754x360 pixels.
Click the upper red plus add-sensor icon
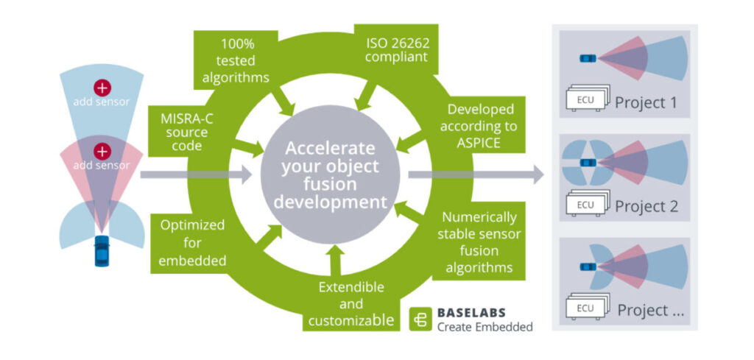click(x=102, y=88)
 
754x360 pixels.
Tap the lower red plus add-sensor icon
click(x=102, y=152)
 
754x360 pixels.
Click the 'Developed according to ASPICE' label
click(x=482, y=125)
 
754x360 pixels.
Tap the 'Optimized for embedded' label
click(x=192, y=242)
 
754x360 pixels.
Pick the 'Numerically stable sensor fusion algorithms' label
click(x=479, y=241)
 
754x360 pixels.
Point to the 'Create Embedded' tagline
click(x=484, y=327)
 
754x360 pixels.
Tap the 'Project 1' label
click(x=645, y=102)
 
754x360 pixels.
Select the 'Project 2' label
click(x=646, y=205)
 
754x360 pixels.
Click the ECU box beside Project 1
click(x=586, y=100)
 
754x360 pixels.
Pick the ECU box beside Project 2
click(x=586, y=204)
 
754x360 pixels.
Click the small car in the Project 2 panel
click(x=587, y=162)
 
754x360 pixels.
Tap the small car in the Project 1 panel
click(x=586, y=58)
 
